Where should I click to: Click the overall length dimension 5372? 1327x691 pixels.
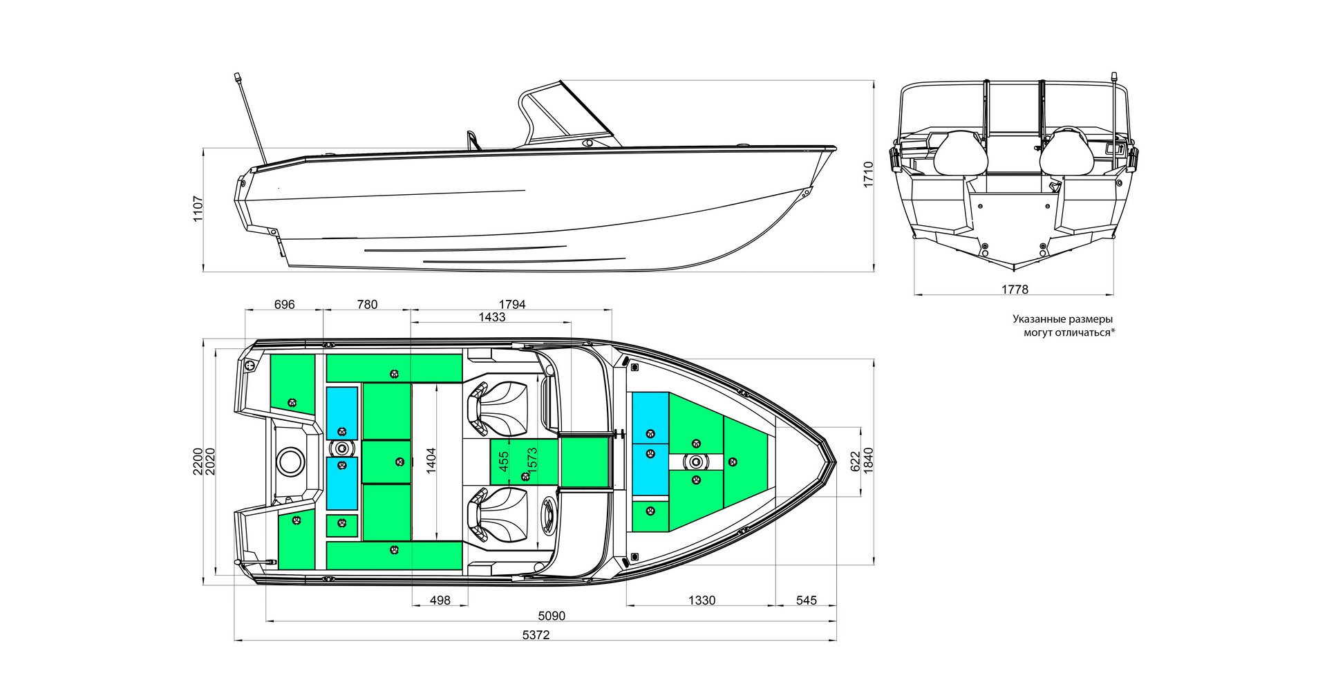(x=536, y=635)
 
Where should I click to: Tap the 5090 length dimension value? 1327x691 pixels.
(x=552, y=616)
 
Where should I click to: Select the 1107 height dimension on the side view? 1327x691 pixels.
(x=198, y=208)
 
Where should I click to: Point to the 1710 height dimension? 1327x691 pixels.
(x=868, y=174)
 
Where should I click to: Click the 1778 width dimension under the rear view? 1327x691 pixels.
(x=1015, y=290)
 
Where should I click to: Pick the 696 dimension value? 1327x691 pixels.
(x=284, y=304)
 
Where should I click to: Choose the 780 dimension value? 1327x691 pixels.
(x=367, y=304)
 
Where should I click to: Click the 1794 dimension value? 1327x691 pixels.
(x=511, y=304)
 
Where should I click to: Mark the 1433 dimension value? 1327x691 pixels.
(x=491, y=317)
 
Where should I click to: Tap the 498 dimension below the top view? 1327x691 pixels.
(x=440, y=600)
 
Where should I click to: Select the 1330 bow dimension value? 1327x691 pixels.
(x=702, y=600)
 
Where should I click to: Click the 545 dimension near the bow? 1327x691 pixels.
(x=806, y=600)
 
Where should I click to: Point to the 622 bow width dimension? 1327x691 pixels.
(x=856, y=462)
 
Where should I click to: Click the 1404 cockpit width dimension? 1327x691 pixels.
(x=431, y=460)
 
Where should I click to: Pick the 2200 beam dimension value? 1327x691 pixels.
(x=198, y=461)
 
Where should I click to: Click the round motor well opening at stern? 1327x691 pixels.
(x=290, y=460)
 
